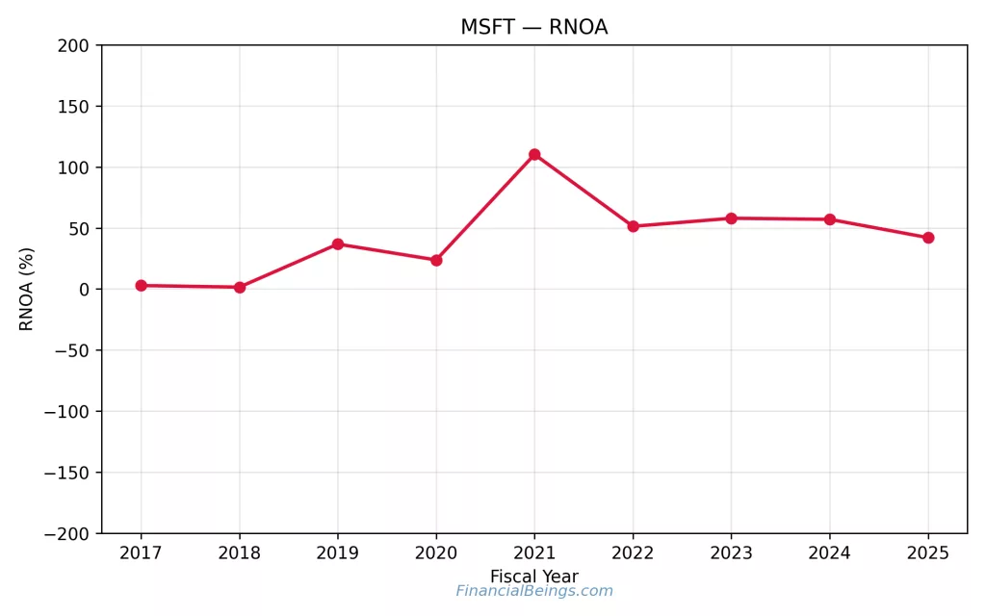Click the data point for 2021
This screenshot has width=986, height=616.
[x=534, y=154]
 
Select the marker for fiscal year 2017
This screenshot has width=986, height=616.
[x=141, y=285]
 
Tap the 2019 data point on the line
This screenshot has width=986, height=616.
[x=338, y=244]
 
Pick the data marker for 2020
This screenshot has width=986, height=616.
[x=436, y=260]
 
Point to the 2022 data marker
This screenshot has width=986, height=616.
[x=633, y=226]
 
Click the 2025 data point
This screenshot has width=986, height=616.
[x=928, y=238]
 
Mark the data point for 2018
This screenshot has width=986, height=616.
[x=240, y=287]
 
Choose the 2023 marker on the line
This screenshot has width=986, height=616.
[x=731, y=218]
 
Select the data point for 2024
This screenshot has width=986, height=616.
[x=830, y=219]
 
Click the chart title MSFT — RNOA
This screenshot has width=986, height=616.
[x=533, y=27]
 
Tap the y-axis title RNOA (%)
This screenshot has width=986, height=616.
[x=27, y=289]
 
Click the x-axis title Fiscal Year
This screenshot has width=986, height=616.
[x=533, y=577]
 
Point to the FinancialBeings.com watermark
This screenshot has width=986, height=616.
[x=533, y=591]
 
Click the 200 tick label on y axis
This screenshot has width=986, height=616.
[x=73, y=45]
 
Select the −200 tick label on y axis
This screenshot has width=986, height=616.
[x=66, y=533]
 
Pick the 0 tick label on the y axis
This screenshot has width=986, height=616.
[x=84, y=290]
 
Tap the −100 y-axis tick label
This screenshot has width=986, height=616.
[x=66, y=411]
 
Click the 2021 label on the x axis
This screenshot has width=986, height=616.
[x=534, y=553]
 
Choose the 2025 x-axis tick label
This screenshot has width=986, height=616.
[x=928, y=553]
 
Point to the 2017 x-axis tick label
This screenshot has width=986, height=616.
[x=141, y=553]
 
